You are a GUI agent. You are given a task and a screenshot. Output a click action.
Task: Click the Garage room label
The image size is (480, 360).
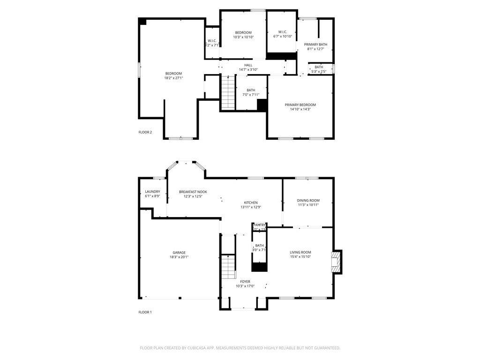(179, 253)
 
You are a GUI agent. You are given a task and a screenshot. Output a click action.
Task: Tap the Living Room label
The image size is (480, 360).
(300, 253)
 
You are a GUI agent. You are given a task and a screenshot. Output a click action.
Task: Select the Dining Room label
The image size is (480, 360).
(308, 201)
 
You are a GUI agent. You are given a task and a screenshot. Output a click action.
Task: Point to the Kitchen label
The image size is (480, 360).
(251, 202)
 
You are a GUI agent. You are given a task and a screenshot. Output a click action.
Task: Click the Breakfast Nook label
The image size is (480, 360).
(193, 192)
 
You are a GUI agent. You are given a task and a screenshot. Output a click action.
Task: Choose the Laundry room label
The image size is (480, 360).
(152, 192)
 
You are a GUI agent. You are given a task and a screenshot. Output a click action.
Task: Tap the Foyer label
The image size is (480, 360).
(245, 282)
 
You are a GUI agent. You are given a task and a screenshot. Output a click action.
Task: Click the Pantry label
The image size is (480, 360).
(259, 225)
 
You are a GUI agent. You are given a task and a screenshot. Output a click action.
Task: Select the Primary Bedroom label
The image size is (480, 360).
(300, 105)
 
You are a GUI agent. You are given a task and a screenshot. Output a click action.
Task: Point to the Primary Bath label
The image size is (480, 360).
(315, 45)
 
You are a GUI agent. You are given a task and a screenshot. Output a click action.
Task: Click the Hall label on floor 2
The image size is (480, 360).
(248, 65)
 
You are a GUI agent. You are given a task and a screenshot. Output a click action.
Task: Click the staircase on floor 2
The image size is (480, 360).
(227, 92)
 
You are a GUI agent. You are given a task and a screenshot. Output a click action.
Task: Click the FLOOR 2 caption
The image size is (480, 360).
(145, 132)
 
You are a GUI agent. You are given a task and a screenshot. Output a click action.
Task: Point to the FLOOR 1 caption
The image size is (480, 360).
(145, 312)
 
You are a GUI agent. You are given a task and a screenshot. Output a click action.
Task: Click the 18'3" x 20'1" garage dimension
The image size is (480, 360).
(179, 257)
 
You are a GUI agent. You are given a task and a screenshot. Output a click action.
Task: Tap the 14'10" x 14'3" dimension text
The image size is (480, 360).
(300, 109)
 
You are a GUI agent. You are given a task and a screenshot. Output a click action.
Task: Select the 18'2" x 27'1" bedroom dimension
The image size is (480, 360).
(173, 78)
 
